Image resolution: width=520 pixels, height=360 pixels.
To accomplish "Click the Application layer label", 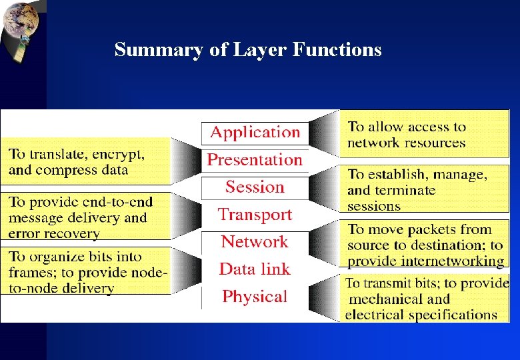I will click(x=255, y=133).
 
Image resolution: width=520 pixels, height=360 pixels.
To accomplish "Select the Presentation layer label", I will click(x=255, y=160).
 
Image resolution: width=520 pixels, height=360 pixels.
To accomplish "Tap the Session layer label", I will click(x=255, y=187).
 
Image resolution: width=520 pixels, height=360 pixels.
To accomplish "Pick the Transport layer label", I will click(x=255, y=215).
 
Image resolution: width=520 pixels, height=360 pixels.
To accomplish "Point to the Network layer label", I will click(x=255, y=242).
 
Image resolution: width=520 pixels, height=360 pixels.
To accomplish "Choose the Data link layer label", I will click(x=255, y=269).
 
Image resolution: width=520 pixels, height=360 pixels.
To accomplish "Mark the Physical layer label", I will click(x=255, y=297).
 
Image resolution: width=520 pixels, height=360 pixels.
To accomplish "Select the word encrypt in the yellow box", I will click(x=119, y=154).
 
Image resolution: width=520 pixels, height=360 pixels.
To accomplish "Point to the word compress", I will click(x=65, y=170).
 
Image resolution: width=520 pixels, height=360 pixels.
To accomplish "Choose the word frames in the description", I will click(x=29, y=273).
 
